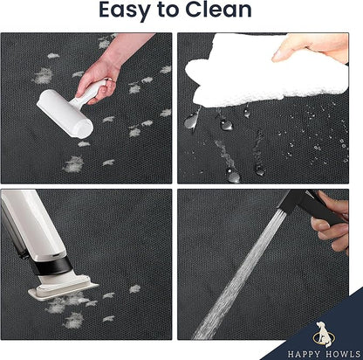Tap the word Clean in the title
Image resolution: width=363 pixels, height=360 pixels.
[218, 10]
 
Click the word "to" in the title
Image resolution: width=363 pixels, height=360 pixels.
[168, 10]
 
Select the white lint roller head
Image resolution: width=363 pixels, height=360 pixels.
[65, 113]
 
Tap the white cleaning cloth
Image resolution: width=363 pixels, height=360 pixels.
[262, 72]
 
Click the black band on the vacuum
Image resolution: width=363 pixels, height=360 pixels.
[51, 266]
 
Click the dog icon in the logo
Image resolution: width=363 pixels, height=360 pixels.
[324, 335]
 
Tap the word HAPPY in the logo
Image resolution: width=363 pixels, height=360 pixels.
[305, 354]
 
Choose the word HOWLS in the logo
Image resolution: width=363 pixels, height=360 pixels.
[344, 354]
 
